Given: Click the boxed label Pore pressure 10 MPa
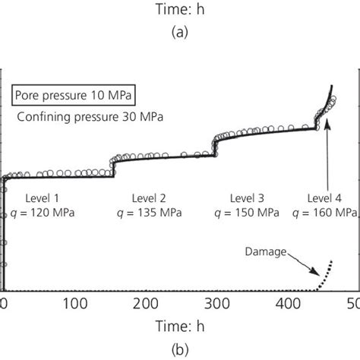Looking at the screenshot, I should coord(62,96).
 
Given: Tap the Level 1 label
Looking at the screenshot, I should coord(45,196).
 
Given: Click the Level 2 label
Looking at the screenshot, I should coord(149,196).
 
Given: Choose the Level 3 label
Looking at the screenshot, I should coord(250,196).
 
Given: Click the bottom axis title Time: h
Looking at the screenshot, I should coord(180,326).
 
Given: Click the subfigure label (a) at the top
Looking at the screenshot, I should coord(180,33).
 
